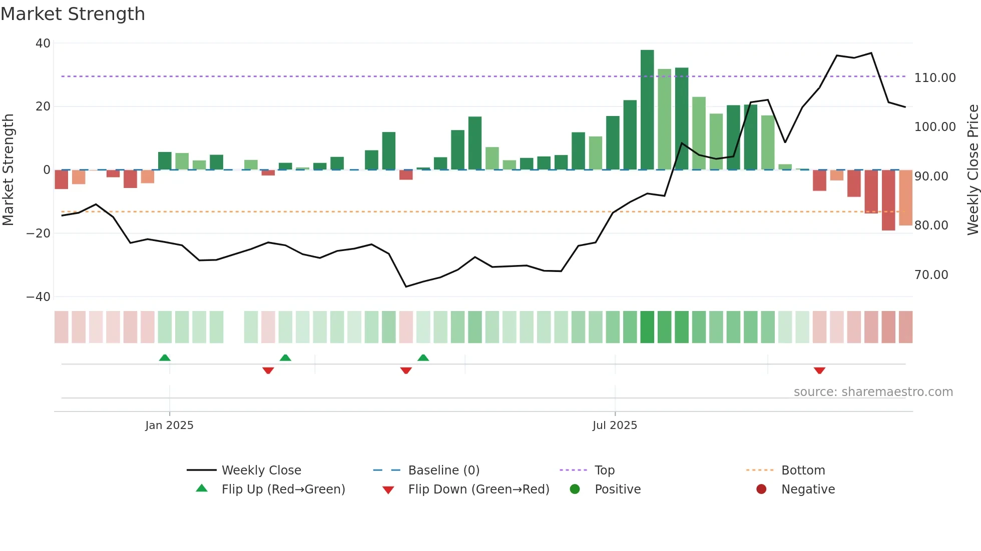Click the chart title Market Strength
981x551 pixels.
pyautogui.click(x=73, y=14)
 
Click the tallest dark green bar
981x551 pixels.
pyautogui.click(x=647, y=110)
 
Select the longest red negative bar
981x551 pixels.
pyautogui.click(x=888, y=200)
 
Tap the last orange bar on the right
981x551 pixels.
pyautogui.click(x=905, y=197)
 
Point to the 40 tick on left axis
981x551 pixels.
pyautogui.click(x=43, y=43)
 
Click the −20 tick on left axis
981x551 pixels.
pyautogui.click(x=39, y=233)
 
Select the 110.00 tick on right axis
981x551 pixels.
pyautogui.click(x=934, y=78)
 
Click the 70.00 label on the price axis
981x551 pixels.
pyautogui.click(x=931, y=275)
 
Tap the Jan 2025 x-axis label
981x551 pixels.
pyautogui.click(x=169, y=425)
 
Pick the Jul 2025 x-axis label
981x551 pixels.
pyautogui.click(x=615, y=425)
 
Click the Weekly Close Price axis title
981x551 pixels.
pyautogui.click(x=972, y=170)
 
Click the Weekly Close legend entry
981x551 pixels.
pyautogui.click(x=261, y=470)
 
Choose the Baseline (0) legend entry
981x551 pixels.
pyautogui.click(x=443, y=470)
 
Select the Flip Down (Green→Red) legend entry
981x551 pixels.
pyautogui.click(x=478, y=489)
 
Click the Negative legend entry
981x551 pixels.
pyautogui.click(x=808, y=489)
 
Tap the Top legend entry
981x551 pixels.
pyautogui.click(x=604, y=470)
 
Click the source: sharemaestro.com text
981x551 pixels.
pyautogui.click(x=873, y=392)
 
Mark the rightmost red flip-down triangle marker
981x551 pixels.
pyautogui.click(x=819, y=370)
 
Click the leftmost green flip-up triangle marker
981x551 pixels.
pyautogui.click(x=165, y=357)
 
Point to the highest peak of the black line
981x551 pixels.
pyautogui.click(x=871, y=53)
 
